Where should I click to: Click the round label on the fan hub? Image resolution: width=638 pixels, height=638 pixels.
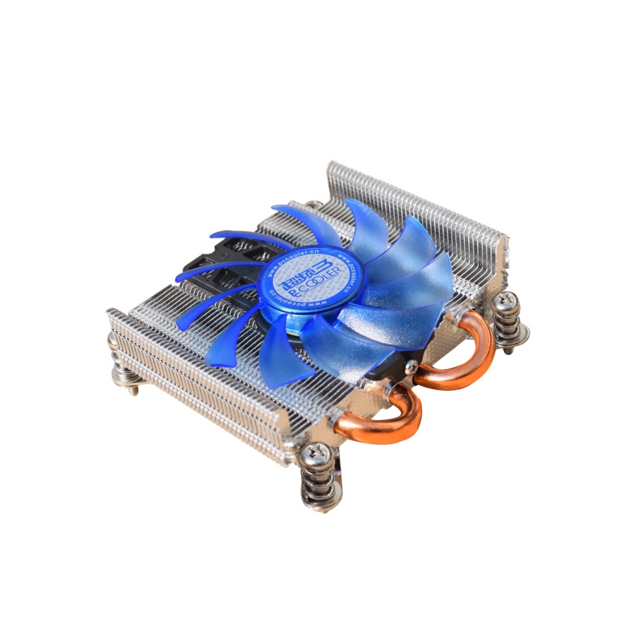click(308, 274)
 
